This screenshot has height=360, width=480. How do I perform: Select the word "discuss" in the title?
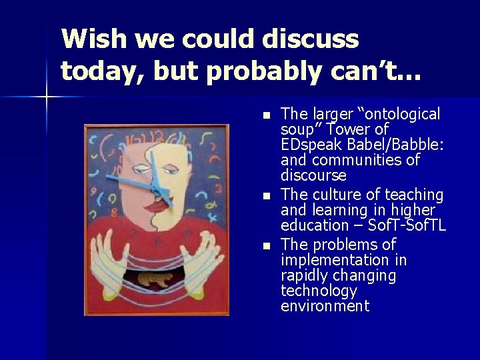coord(312,40)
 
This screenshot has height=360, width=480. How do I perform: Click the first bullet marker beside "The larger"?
coord(267,116)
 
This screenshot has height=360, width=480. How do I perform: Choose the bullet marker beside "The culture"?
coord(267,196)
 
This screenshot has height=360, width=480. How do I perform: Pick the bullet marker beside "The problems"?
coord(267,245)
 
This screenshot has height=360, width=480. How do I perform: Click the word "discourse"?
coord(313,177)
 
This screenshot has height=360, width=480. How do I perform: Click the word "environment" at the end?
coord(325,307)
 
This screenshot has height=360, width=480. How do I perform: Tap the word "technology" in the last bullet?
coord(319,291)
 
